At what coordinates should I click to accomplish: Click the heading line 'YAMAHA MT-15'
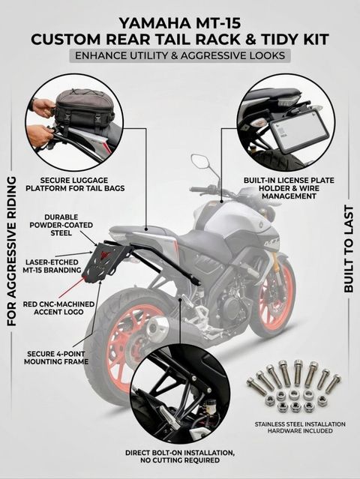point(180,23)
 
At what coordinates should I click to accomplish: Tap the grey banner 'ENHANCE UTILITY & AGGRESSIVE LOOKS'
point(180,55)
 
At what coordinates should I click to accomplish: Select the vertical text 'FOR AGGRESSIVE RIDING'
point(11,250)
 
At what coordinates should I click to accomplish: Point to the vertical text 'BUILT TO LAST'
point(349,249)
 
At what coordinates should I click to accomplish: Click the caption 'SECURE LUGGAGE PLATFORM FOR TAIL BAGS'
point(75,184)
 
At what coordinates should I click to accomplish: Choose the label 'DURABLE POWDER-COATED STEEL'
point(68,225)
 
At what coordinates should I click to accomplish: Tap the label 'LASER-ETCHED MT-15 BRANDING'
point(52,266)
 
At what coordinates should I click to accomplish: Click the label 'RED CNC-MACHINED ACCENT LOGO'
point(58,308)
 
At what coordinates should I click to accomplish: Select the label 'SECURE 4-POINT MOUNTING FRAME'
point(56,358)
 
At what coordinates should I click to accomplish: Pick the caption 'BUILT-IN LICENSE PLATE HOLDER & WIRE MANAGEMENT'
point(289,188)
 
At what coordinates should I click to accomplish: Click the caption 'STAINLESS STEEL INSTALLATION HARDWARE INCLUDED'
point(300,427)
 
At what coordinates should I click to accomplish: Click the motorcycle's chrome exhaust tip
point(157,328)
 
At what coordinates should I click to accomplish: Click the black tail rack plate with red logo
point(111,260)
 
